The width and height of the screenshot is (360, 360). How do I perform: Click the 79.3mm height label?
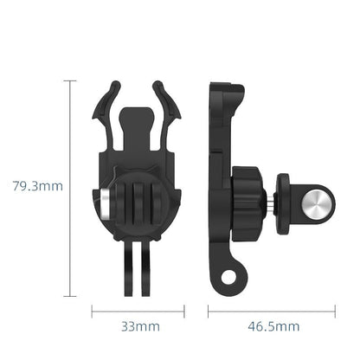34,184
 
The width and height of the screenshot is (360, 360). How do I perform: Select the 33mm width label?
139,326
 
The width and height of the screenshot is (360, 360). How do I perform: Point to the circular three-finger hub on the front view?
138,208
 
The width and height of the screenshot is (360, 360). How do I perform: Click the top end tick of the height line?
69,80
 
